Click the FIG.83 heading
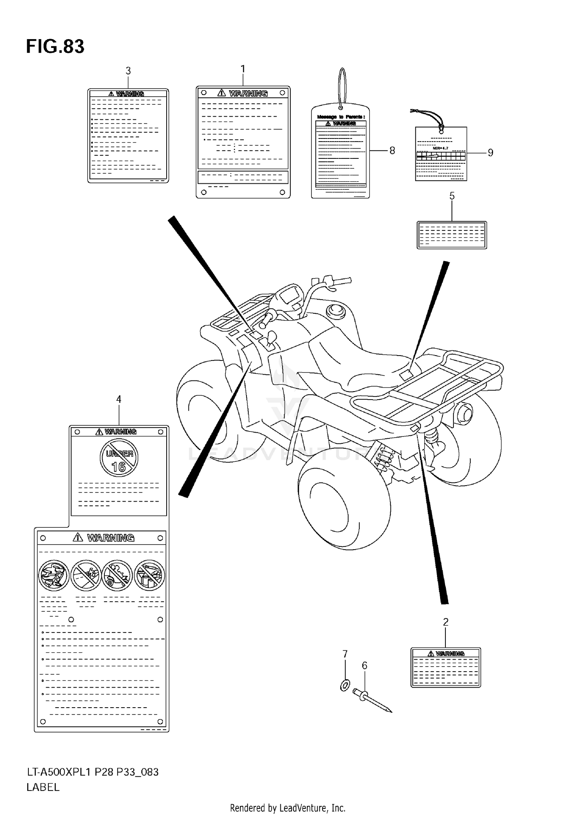pyautogui.click(x=55, y=47)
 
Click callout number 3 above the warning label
pyautogui.click(x=128, y=71)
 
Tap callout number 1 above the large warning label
pyautogui.click(x=243, y=69)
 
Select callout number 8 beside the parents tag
pyautogui.click(x=392, y=151)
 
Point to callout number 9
pyautogui.click(x=490, y=153)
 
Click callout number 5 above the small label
pyautogui.click(x=452, y=196)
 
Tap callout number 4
pyautogui.click(x=119, y=399)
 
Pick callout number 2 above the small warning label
pyautogui.click(x=445, y=622)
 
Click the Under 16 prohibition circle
pyautogui.click(x=119, y=458)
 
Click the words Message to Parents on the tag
pyautogui.click(x=341, y=117)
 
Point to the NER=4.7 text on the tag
pyautogui.click(x=440, y=148)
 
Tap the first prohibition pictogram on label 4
pyautogui.click(x=54, y=575)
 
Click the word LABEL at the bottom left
pyautogui.click(x=43, y=787)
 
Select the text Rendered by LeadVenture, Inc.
pyautogui.click(x=288, y=808)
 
